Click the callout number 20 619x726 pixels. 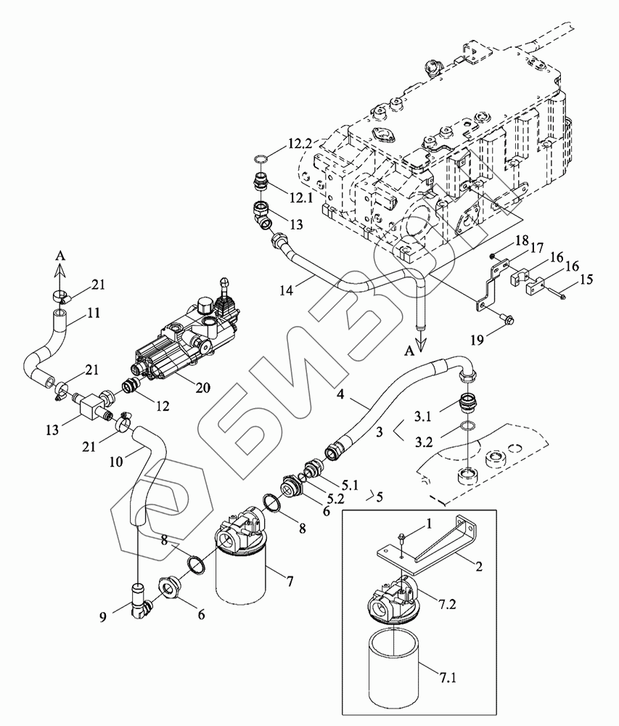(x=202, y=387)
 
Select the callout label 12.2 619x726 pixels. (x=300, y=144)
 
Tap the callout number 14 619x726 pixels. (x=287, y=290)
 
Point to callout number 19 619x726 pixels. (x=477, y=340)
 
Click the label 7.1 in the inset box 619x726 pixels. (x=446, y=678)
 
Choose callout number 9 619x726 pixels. (x=103, y=616)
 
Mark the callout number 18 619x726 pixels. (x=522, y=240)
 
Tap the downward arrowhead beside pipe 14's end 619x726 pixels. (x=421, y=342)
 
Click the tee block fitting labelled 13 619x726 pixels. (x=91, y=404)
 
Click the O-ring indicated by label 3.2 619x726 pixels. (x=468, y=425)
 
